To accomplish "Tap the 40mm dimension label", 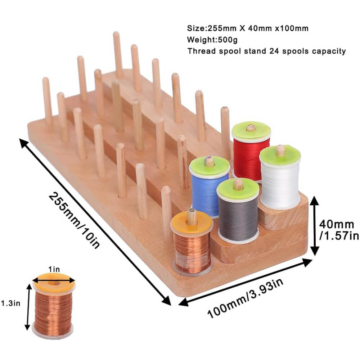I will [337, 225].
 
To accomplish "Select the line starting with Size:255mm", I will [247, 28].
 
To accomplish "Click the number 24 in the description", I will [275, 51].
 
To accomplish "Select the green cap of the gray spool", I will [238, 188].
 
